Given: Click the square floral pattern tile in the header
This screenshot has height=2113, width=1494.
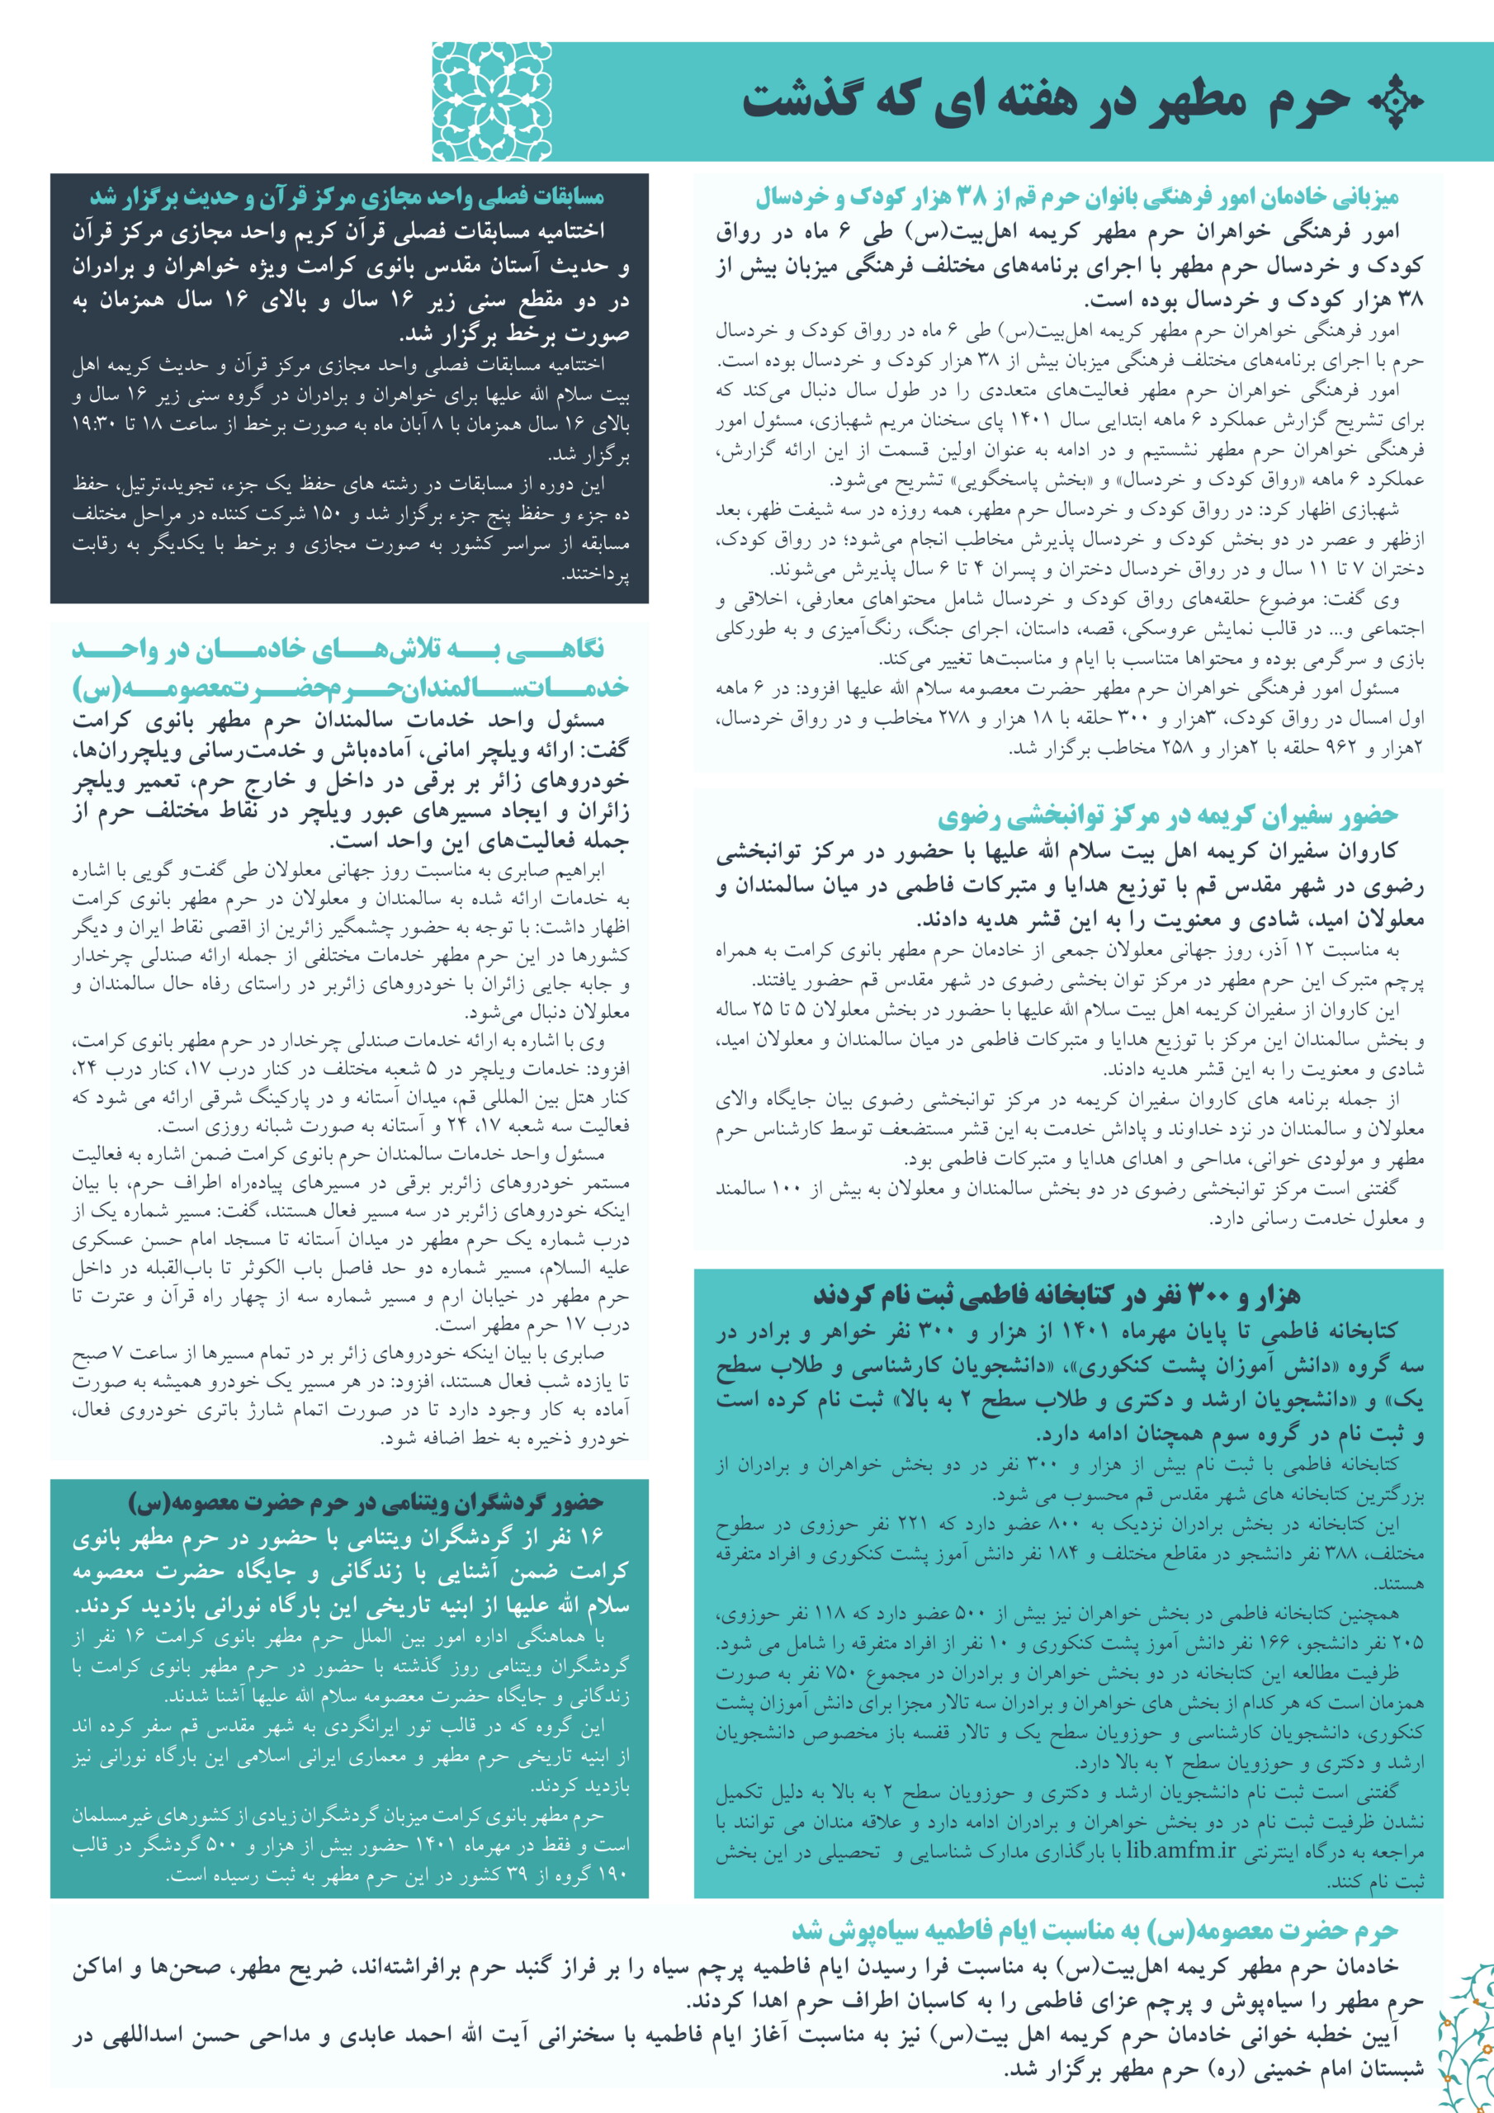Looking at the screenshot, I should [492, 102].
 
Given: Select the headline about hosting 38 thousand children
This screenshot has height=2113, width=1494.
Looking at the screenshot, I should [1076, 197].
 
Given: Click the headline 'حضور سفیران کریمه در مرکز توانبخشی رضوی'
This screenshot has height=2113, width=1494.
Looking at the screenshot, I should [1167, 815].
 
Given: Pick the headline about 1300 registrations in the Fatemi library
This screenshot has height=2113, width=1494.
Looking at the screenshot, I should [1056, 1296].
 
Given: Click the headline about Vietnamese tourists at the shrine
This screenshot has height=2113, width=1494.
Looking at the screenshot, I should [366, 1504].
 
